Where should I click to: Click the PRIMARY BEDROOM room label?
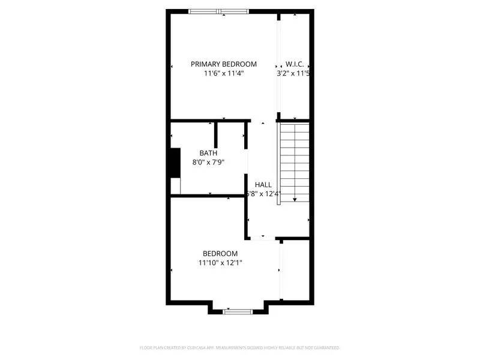coord(223,64)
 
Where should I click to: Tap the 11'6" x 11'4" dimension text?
coord(223,74)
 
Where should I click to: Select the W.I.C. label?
coord(294,64)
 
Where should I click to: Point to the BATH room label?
coord(208,153)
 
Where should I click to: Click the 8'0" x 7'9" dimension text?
coord(208,162)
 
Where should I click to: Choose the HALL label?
coord(263,185)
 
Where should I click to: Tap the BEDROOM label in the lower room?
coord(220,254)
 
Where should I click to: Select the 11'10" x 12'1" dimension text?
coord(220,263)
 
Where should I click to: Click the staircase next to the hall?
coord(294,162)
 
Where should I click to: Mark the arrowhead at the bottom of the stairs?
coord(295,199)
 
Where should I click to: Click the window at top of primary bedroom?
coord(218,11)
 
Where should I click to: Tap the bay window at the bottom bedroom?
coord(239,311)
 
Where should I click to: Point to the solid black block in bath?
coord(175,163)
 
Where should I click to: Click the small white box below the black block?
coord(175,186)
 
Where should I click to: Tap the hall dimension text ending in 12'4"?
coord(263,194)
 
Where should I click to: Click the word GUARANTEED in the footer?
coord(324,347)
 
